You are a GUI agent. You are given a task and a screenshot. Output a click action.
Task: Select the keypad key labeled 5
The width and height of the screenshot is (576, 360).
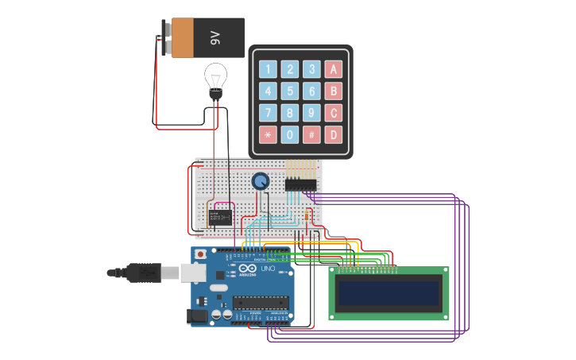coord(290,91)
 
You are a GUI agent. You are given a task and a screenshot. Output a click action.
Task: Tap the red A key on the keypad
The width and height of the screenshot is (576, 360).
coord(334,69)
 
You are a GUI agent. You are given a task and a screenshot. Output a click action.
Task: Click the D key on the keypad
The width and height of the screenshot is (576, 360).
coord(334,134)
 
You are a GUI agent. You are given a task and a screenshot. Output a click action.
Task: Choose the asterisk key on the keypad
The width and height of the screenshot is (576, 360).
coord(269,134)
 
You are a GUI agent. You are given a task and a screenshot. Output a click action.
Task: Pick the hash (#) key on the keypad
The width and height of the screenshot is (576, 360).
coord(311,134)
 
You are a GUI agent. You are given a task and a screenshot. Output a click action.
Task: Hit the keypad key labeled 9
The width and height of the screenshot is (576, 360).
coord(311,113)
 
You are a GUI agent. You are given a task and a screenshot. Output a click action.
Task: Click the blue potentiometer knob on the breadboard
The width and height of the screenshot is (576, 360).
coord(260,181)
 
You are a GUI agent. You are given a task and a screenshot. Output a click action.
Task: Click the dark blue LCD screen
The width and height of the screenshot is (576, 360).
coord(389,294)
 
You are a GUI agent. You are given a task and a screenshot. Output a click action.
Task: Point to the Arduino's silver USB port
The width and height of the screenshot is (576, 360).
coord(194,273)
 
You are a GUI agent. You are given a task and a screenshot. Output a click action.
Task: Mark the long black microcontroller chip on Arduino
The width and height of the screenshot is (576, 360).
coord(259,302)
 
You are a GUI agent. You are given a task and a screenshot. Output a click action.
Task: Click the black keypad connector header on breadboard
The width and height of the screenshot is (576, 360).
coord(301,184)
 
